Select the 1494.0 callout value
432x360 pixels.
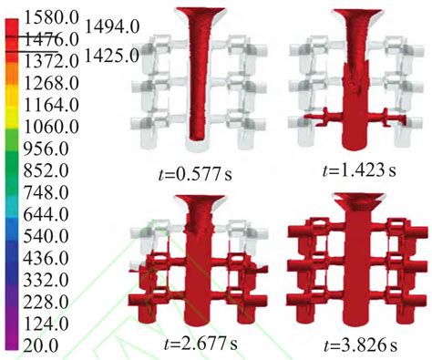pos(113,27)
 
